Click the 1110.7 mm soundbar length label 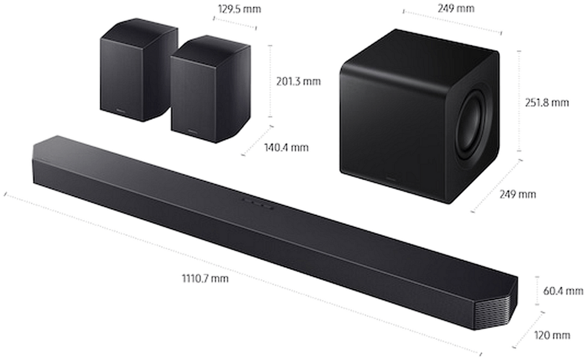click(x=205, y=279)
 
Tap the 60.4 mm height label click(x=563, y=290)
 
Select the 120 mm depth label click(x=552, y=335)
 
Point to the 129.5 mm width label click(x=239, y=9)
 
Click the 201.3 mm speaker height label click(x=298, y=81)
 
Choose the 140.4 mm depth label click(x=286, y=147)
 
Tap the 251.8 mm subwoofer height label click(x=546, y=103)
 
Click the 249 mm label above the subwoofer click(x=456, y=8)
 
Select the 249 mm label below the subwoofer click(x=517, y=194)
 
